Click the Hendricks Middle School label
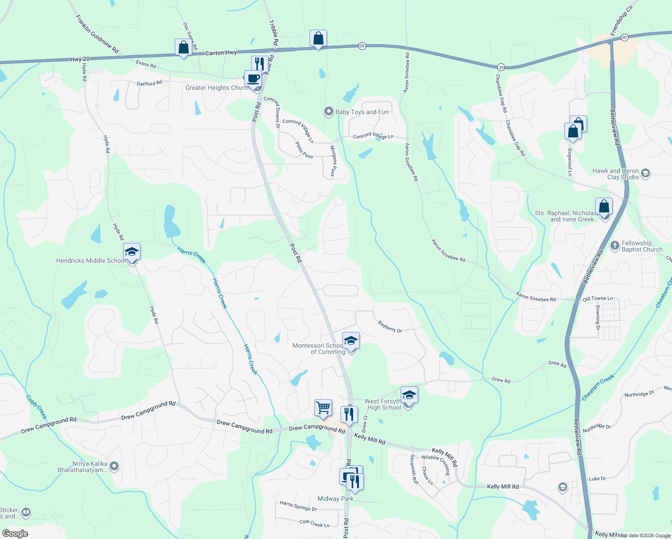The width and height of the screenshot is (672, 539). (x=91, y=261)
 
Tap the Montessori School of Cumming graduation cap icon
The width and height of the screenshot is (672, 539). (x=351, y=341)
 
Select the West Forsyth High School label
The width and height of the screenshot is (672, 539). (x=383, y=404)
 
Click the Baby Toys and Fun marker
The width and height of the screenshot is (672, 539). (x=329, y=111)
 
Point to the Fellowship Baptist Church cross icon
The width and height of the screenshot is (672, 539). (x=615, y=246)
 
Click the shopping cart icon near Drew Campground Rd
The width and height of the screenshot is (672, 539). (x=323, y=408)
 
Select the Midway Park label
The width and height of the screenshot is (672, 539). (x=335, y=499)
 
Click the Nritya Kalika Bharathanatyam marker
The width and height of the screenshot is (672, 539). (x=114, y=466)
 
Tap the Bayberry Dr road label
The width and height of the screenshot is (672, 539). (x=389, y=327)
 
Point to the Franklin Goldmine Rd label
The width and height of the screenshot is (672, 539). (x=97, y=34)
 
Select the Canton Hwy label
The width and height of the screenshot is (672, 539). (x=221, y=53)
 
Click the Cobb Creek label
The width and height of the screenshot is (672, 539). (x=36, y=407)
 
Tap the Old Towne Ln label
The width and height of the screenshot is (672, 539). (x=597, y=299)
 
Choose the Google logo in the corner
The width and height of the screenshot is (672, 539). (x=15, y=534)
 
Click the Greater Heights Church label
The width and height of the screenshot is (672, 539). (x=217, y=88)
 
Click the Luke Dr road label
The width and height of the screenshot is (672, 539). (x=597, y=479)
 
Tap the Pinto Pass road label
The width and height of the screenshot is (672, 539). (x=304, y=150)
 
